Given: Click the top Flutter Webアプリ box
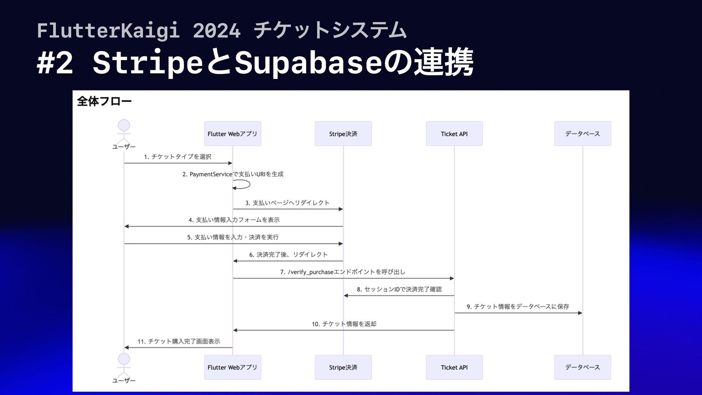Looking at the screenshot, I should pyautogui.click(x=233, y=133).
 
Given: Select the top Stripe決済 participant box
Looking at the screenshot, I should pyautogui.click(x=343, y=133).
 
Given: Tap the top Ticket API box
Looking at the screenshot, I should pyautogui.click(x=454, y=133).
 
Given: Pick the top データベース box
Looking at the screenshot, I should pyautogui.click(x=582, y=133).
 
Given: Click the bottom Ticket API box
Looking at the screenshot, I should pyautogui.click(x=454, y=367).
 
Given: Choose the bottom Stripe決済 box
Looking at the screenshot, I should pyautogui.click(x=343, y=367).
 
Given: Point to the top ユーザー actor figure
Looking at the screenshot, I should pyautogui.click(x=124, y=132).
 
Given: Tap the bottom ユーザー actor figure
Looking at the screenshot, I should pyautogui.click(x=124, y=365).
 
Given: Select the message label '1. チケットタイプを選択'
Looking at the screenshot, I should pyautogui.click(x=178, y=157).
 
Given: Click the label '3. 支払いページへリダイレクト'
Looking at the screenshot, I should pyautogui.click(x=287, y=203).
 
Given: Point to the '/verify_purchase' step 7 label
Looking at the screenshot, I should pyautogui.click(x=343, y=272).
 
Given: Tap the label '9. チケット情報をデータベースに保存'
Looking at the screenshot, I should pyautogui.click(x=518, y=306).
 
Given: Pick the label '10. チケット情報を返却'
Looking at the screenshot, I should pyautogui.click(x=344, y=324).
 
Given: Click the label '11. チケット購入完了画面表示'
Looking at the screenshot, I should pyautogui.click(x=179, y=341).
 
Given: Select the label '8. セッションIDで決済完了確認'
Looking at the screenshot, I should pyautogui.click(x=399, y=289).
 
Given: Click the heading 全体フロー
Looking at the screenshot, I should pyautogui.click(x=104, y=101).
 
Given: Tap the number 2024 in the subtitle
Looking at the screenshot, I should pyautogui.click(x=217, y=30).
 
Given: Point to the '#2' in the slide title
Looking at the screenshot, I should pyautogui.click(x=55, y=63).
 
